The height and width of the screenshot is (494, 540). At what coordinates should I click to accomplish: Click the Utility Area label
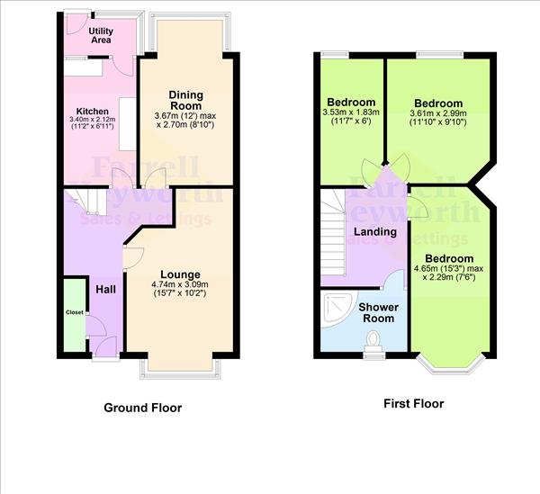click(x=101, y=35)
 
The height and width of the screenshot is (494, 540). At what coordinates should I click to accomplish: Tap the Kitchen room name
click(x=93, y=112)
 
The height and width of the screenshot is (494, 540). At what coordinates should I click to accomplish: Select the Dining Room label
click(x=186, y=100)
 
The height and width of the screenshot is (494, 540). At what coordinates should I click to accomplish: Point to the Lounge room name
click(x=180, y=274)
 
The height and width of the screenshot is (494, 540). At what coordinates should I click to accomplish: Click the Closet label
click(x=75, y=312)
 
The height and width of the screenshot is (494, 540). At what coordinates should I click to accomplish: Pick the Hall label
click(x=105, y=290)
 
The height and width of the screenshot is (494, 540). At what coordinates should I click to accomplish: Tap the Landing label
click(x=375, y=231)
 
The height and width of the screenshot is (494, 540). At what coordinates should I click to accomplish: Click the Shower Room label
click(x=379, y=312)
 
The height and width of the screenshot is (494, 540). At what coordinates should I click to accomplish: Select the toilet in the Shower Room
click(x=373, y=342)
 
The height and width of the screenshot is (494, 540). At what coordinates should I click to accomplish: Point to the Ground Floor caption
click(x=142, y=408)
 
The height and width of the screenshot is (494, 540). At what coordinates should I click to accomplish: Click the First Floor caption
click(x=414, y=403)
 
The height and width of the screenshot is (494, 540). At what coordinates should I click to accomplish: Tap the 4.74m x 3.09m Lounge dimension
click(x=180, y=284)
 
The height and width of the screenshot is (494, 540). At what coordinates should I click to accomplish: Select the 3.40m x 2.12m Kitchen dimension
click(x=93, y=120)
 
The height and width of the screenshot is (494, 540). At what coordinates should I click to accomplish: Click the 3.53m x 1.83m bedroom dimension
click(x=351, y=112)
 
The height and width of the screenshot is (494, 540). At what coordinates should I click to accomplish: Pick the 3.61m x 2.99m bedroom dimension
click(x=438, y=113)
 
